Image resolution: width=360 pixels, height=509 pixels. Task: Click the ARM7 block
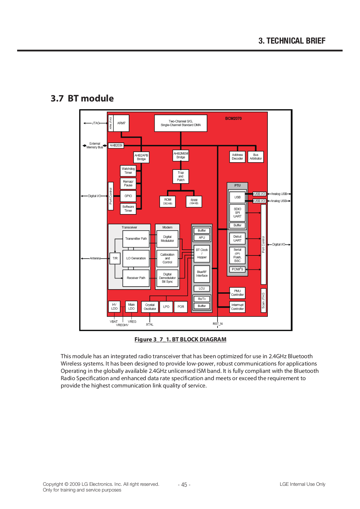[121, 123]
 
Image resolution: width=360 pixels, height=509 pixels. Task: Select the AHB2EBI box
[116, 145]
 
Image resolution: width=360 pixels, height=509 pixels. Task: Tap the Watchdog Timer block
[128, 171]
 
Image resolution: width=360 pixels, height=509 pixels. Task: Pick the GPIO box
[128, 196]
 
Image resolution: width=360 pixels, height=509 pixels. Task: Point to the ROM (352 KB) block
[168, 201]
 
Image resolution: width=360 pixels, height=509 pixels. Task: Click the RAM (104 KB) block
[194, 201]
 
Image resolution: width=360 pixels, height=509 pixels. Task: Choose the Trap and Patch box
[181, 177]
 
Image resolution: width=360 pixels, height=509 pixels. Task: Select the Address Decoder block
[237, 157]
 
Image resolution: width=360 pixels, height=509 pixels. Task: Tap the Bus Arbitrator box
[256, 157]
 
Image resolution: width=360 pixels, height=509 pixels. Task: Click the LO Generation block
[136, 258]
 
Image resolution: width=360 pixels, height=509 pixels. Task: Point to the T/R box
[115, 258]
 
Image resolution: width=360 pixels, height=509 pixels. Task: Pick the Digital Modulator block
[167, 239]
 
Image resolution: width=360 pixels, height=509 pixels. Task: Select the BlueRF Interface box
[202, 274]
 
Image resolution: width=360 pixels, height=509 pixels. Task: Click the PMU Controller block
[237, 293]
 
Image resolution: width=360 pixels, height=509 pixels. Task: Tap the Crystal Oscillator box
[150, 307]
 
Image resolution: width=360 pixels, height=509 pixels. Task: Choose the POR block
[181, 307]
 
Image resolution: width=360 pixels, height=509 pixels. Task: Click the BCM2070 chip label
[233, 118]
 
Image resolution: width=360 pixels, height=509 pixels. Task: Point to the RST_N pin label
[218, 324]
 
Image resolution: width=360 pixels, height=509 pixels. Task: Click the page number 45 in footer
[184, 485]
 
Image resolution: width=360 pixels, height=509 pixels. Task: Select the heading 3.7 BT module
[82, 98]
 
